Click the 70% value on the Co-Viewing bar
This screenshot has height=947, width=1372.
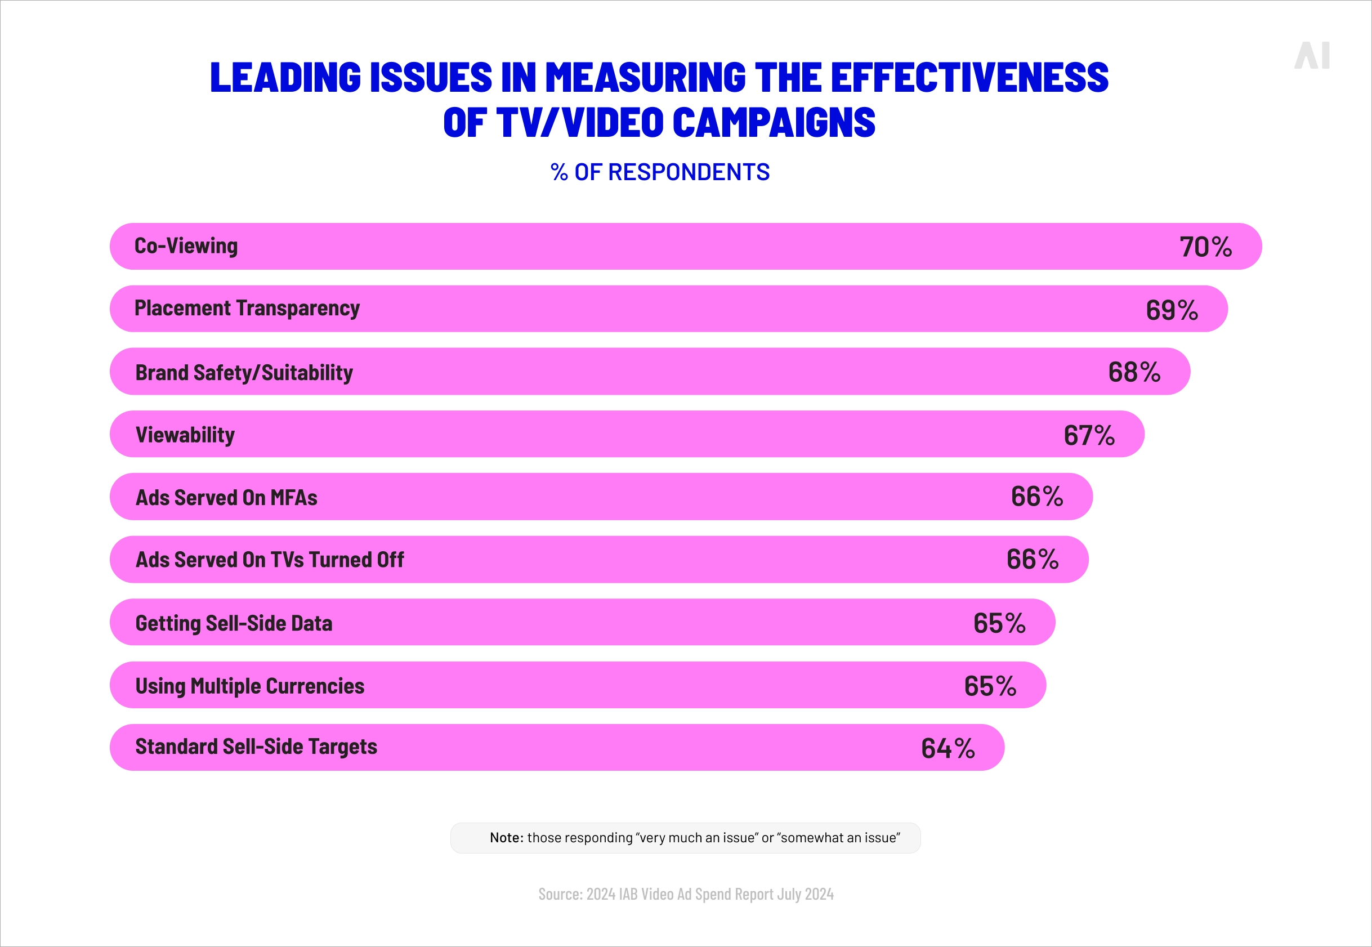coord(1205,247)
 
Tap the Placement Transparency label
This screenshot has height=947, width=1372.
coord(247,309)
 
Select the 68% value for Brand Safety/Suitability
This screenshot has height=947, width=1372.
coord(1133,372)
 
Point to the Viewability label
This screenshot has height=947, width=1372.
coord(185,435)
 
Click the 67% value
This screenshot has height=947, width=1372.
coord(1089,435)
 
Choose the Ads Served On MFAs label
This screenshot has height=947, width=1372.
coord(226,498)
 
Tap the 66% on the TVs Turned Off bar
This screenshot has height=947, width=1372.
coord(1032,560)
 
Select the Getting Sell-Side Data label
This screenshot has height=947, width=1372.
coord(234,623)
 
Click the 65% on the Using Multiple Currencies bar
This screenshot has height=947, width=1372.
coord(990,686)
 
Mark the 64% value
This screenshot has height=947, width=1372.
coord(948,748)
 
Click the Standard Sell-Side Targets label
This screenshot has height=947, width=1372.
coord(256,747)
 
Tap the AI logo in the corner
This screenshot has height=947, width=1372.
coord(1312,56)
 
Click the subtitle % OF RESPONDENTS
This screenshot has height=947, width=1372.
coord(660,172)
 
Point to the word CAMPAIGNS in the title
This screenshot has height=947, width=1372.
coord(774,123)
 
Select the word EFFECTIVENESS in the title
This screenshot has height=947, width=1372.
coord(969,77)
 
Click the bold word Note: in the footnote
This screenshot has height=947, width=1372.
coord(506,837)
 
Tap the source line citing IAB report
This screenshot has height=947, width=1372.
coord(686,894)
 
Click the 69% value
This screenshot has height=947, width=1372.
coord(1172,310)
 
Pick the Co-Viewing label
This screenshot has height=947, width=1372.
coord(186,246)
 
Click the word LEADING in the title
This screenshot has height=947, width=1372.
coord(285,77)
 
